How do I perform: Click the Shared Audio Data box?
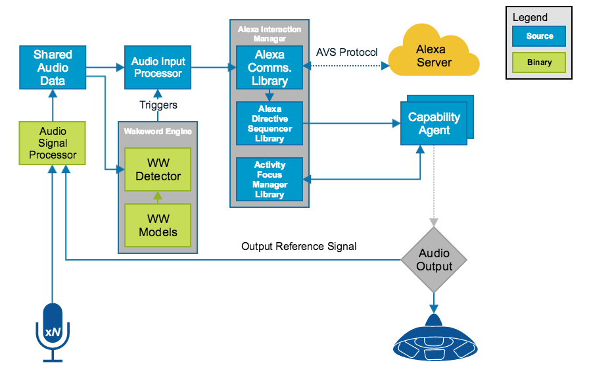click(53, 67)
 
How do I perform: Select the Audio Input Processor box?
click(158, 67)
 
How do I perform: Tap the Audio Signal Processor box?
click(53, 143)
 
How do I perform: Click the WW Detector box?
click(158, 169)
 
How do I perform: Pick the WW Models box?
click(158, 225)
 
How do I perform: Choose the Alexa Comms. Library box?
click(270, 67)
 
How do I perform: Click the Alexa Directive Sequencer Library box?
click(270, 124)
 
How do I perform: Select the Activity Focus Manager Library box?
click(270, 180)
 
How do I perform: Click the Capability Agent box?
click(434, 123)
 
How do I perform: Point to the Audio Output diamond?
click(434, 260)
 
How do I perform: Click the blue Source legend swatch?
click(539, 36)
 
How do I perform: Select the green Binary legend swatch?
click(539, 63)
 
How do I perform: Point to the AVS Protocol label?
click(346, 51)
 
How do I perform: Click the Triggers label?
click(158, 105)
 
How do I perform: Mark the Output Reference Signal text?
click(298, 247)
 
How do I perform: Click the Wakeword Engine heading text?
click(158, 132)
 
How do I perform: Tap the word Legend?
click(530, 18)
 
